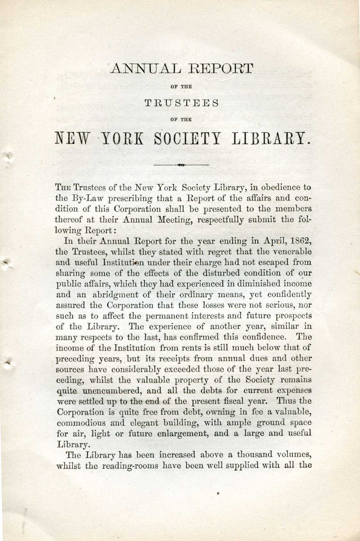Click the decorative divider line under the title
[x=181, y=165]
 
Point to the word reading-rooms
[x=130, y=466]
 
